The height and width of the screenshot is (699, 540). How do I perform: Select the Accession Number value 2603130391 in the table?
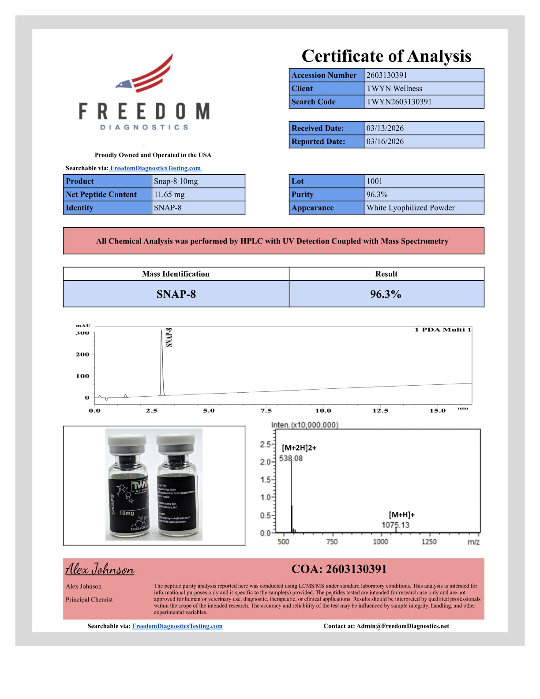[386, 75]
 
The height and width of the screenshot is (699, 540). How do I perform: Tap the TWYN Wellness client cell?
[394, 88]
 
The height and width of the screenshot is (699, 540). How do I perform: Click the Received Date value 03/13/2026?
[385, 128]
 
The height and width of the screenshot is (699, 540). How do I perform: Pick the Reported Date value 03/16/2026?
[385, 141]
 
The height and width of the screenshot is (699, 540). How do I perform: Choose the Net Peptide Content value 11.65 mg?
[169, 194]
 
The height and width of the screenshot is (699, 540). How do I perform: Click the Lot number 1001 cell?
[375, 181]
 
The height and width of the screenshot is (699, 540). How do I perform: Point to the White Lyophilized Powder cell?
[410, 207]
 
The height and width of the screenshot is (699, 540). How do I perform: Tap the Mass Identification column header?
[176, 274]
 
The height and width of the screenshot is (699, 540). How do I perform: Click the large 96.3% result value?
[386, 294]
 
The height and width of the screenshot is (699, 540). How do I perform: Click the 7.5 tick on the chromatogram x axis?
[266, 410]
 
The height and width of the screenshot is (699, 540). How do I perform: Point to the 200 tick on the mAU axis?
[82, 354]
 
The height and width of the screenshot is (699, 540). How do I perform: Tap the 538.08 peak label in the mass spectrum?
[291, 458]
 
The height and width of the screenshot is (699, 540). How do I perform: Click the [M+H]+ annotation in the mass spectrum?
[401, 515]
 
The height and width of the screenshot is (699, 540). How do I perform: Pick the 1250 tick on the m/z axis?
[429, 541]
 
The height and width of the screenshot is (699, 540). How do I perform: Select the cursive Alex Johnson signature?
[100, 569]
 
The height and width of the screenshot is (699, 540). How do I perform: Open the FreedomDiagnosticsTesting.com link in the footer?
[177, 626]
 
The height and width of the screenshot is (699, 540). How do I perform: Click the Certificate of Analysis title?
[386, 56]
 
